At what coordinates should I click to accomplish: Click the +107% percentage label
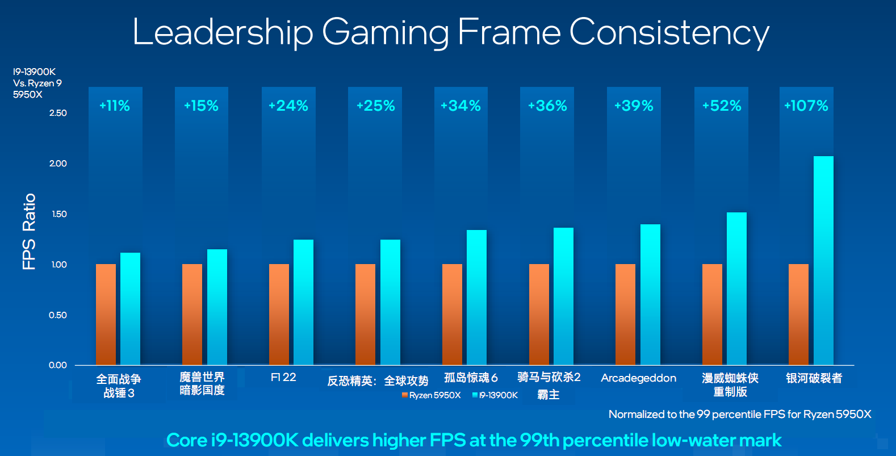806,106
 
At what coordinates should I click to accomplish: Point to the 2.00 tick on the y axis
58,164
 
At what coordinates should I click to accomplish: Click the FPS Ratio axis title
29,231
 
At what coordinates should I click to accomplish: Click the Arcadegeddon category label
638,378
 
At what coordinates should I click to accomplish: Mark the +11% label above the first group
115,106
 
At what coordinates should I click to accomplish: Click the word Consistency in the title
669,32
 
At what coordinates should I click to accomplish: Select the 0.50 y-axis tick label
58,315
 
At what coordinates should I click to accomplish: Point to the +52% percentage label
722,106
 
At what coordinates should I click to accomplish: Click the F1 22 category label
283,377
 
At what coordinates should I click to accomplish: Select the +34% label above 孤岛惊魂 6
460,106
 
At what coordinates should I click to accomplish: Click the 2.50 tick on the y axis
58,113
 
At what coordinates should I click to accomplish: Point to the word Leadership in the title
223,32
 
